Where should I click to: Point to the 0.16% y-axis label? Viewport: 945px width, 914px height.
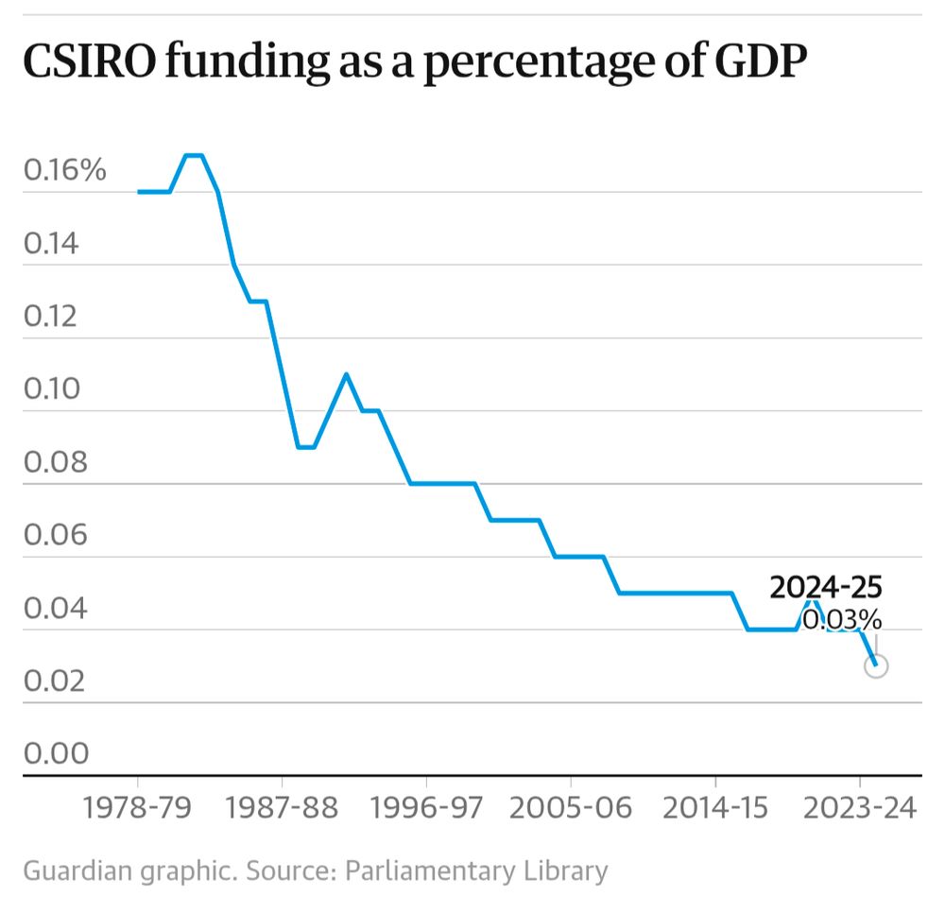(x=65, y=171)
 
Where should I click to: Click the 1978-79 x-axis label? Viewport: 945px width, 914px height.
(x=138, y=809)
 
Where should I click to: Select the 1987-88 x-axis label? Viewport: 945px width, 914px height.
(x=282, y=809)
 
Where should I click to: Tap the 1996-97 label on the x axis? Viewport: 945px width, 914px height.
(x=426, y=809)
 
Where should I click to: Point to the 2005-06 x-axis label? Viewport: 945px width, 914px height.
(x=571, y=809)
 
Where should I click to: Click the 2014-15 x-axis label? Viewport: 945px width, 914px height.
(x=715, y=809)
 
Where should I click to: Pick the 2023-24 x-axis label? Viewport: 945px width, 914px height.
(x=859, y=809)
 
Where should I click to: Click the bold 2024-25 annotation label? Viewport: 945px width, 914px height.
(x=826, y=587)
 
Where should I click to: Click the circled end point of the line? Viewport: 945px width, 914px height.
(x=875, y=665)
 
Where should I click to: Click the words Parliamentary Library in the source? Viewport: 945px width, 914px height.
(x=477, y=870)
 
